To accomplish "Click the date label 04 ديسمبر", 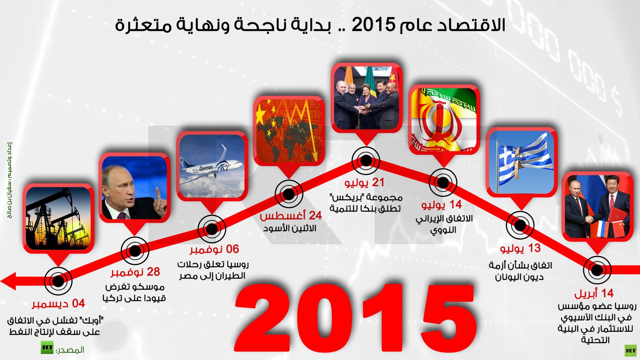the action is pos(58,304).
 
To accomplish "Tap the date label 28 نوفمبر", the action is pos(135,272).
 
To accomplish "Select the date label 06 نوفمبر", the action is pos(214,249).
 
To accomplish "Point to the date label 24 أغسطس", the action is pos(291,216).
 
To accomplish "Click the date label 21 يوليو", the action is pos(365,183).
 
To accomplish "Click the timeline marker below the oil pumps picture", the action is pos(58,281).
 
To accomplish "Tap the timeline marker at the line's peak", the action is pos(366,160).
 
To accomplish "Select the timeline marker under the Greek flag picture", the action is pos(520,225).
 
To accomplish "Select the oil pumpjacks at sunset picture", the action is pos(58,218).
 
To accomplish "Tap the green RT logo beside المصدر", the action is pos(47,348).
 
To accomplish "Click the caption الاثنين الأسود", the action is pos(290,229).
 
